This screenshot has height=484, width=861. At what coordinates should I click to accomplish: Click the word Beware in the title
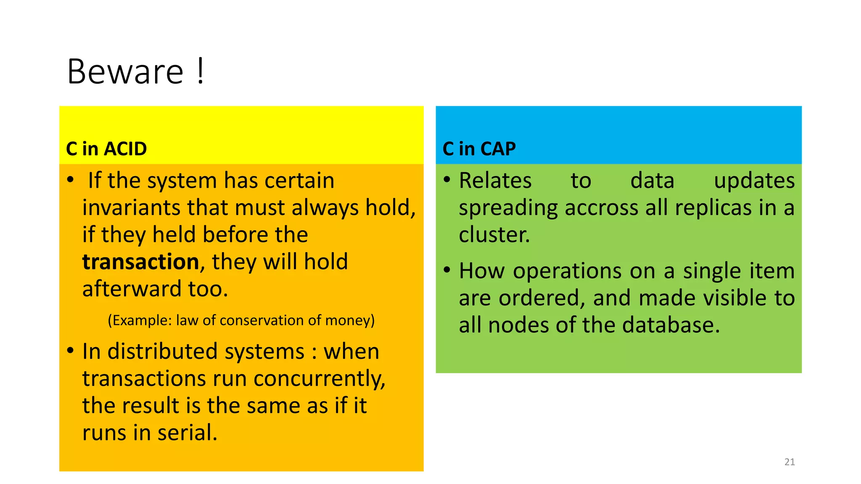(x=125, y=71)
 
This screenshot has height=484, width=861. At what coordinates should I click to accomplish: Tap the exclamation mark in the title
(x=201, y=71)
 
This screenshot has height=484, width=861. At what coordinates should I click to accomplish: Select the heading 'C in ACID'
(x=106, y=149)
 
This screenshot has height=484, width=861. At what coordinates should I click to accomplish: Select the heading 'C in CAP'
(x=479, y=149)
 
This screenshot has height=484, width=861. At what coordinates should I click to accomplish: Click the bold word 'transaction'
(x=140, y=262)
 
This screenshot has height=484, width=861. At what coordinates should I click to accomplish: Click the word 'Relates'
(x=495, y=181)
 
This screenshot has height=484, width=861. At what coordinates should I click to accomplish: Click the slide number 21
(x=790, y=462)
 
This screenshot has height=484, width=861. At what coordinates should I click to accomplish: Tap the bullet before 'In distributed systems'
(x=71, y=350)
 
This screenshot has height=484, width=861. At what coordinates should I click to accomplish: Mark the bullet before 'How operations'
(x=447, y=269)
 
